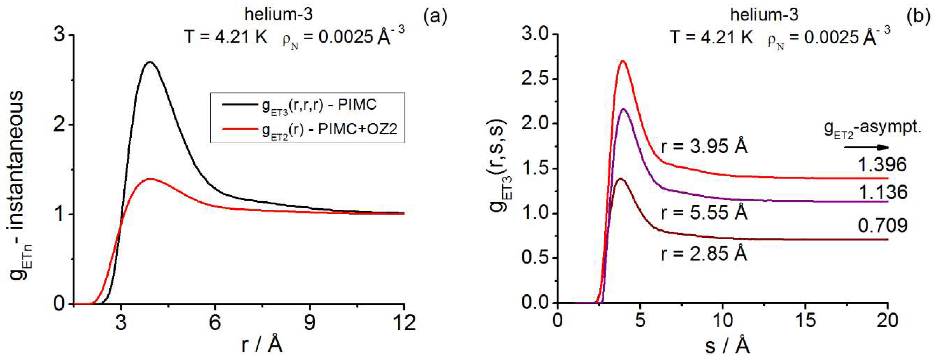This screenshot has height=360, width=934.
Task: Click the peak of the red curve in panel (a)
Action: click(x=149, y=179)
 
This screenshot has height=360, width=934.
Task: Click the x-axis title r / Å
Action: click(x=262, y=344)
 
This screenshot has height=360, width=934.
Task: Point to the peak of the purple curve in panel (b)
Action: click(x=624, y=109)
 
